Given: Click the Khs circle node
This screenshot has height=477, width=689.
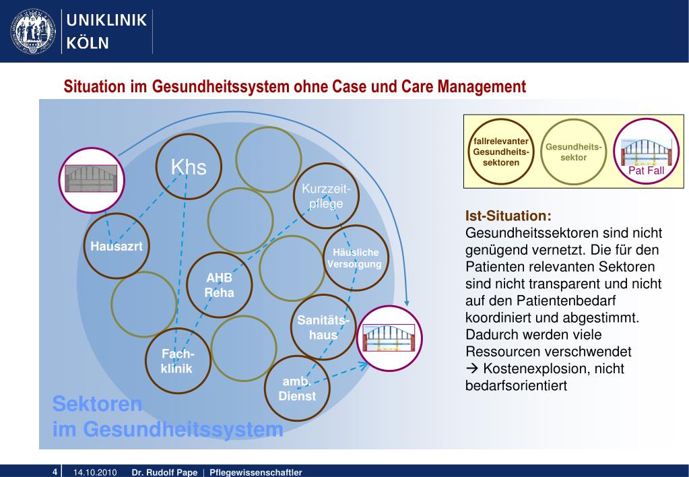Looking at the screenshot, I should [188, 167].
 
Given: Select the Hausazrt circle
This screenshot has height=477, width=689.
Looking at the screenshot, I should [117, 247].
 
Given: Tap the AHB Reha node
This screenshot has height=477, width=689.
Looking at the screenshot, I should [220, 285].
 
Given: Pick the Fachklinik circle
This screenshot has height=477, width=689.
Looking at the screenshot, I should [177, 362].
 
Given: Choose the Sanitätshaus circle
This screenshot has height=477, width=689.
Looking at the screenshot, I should [323, 327].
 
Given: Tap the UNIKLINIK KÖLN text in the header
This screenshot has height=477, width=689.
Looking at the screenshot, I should [106, 31].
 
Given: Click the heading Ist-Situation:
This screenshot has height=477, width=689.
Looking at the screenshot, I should [508, 216].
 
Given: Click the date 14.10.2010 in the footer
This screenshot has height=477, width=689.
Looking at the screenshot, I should [96, 472].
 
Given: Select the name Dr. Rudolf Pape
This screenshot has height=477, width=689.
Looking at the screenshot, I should [164, 472].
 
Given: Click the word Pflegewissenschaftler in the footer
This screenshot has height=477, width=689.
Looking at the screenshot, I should [256, 472].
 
